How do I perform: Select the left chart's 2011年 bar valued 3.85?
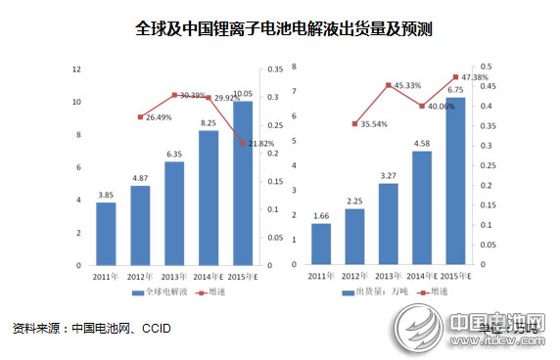106,233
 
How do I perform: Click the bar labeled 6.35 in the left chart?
174,213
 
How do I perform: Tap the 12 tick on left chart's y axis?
76,67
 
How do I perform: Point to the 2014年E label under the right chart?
422,278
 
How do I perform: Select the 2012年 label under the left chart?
140,278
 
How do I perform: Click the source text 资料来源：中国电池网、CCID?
92,328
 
